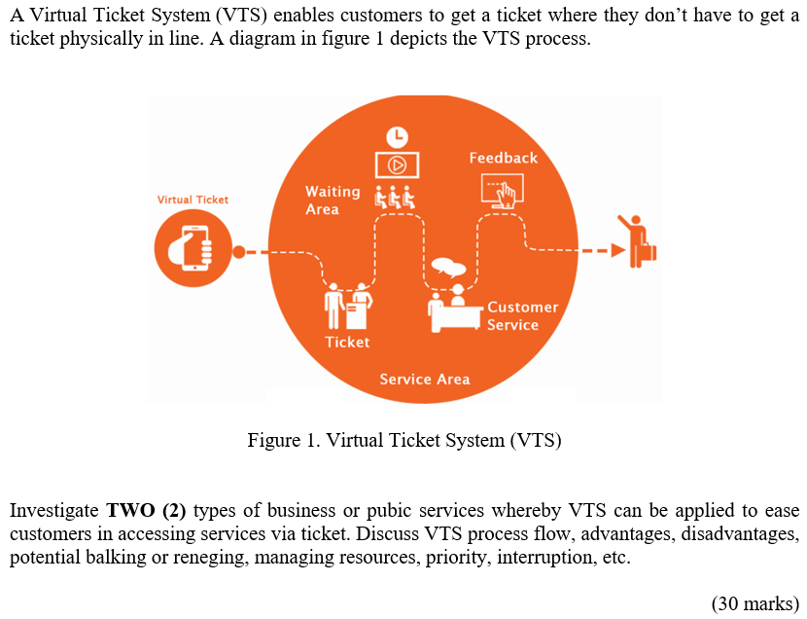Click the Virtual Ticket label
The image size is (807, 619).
[x=193, y=200]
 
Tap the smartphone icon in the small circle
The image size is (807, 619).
[x=193, y=248]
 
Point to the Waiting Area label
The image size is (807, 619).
[x=332, y=200]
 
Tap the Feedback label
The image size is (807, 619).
[x=503, y=158]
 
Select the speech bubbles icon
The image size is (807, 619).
[x=448, y=268]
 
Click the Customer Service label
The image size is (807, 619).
[x=522, y=316]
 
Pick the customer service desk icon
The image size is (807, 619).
[x=454, y=309]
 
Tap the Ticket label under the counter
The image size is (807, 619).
[x=347, y=342]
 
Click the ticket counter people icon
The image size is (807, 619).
[x=348, y=306]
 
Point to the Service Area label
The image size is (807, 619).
[x=424, y=379]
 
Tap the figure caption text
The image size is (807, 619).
[x=404, y=440]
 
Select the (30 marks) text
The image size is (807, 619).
[x=754, y=603]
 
